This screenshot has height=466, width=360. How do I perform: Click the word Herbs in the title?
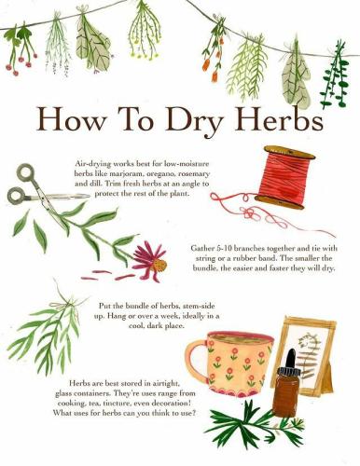click(278, 118)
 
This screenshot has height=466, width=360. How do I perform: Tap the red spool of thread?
click(284, 177)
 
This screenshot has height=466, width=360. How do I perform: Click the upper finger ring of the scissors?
click(26, 172)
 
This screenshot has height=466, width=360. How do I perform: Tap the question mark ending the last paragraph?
click(194, 413)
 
